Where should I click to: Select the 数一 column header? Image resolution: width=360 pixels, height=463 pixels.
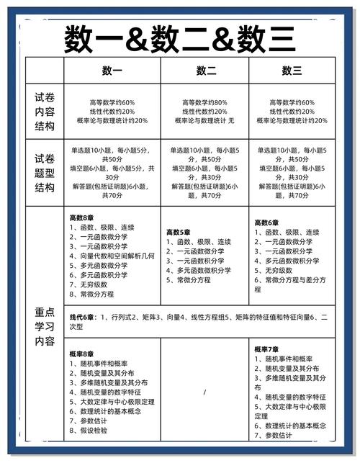[x=112, y=71]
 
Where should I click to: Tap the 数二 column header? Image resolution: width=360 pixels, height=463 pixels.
[x=207, y=71]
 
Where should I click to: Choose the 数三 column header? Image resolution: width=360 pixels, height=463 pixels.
[x=292, y=71]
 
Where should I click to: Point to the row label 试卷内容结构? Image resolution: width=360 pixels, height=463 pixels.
[x=45, y=111]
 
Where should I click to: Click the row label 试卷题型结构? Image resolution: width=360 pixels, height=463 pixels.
[x=45, y=173]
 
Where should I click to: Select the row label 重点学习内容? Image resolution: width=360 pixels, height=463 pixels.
[x=45, y=327]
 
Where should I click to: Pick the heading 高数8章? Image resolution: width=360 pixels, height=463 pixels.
[x=82, y=218]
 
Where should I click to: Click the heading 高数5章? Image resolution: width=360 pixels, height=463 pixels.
[x=179, y=233]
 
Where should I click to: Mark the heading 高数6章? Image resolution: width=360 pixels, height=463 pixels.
[x=268, y=222]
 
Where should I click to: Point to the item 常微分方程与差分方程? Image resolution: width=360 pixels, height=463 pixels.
[x=292, y=279]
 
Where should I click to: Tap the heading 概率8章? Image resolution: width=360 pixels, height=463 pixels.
[x=82, y=354]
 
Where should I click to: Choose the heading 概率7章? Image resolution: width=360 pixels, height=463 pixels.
[x=268, y=350]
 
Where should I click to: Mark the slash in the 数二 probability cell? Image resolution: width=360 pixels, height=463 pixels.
[x=205, y=392]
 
